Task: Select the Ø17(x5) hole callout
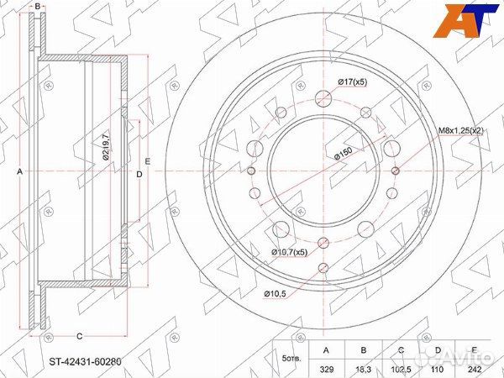coord(350,81)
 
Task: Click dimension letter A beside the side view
coord(19,171)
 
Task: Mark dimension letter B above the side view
coord(37,7)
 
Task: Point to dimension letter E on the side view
coord(147,160)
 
